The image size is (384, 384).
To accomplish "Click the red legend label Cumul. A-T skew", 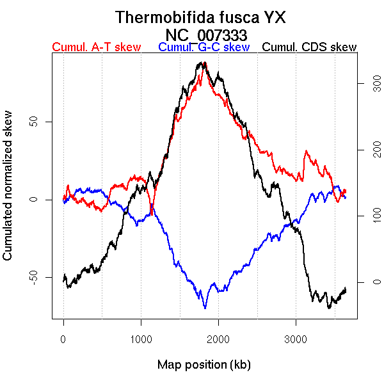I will tap(96, 47).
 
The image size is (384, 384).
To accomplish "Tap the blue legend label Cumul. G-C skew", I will tap(204, 47).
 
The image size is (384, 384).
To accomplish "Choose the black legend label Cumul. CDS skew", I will tap(310, 47).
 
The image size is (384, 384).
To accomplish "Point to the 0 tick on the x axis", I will tap(63, 337).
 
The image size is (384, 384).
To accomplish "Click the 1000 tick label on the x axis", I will tap(141, 337).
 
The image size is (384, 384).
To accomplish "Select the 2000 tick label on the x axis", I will tap(218, 337).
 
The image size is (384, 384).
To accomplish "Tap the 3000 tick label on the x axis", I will tap(296, 337).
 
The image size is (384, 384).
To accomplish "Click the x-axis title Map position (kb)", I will tap(204, 365).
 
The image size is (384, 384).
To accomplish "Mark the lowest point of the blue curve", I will tap(205, 308).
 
